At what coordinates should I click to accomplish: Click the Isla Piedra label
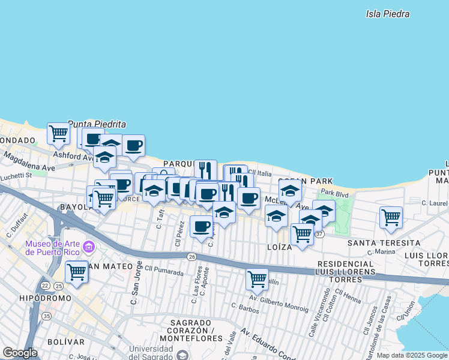[x=387, y=13]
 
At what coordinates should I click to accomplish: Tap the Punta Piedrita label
[x=97, y=124]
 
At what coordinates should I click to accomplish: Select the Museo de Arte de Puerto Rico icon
[x=89, y=247]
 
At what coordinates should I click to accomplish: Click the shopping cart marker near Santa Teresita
[x=391, y=217]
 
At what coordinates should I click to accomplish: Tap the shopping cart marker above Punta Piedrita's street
[x=58, y=133]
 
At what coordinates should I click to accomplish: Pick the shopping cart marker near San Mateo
[x=76, y=271]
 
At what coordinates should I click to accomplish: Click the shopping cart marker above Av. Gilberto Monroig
[x=257, y=278]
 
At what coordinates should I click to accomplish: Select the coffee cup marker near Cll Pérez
[x=201, y=226]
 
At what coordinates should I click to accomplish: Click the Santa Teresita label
[x=384, y=242]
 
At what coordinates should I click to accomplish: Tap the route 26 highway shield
[x=191, y=257]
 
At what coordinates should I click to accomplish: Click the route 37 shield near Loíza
[x=320, y=234]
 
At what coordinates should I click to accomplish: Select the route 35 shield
[x=46, y=315]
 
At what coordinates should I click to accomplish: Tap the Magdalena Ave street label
[x=28, y=163]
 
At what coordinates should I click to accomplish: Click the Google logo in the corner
[x=20, y=353]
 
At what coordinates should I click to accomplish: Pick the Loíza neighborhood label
[x=279, y=246]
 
